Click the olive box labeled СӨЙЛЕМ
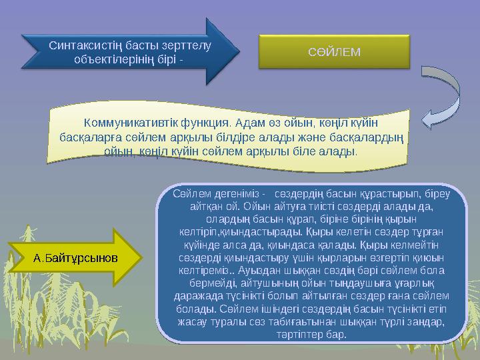[334, 51]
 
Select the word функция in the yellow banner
[201, 123]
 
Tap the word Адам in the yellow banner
[249, 123]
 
